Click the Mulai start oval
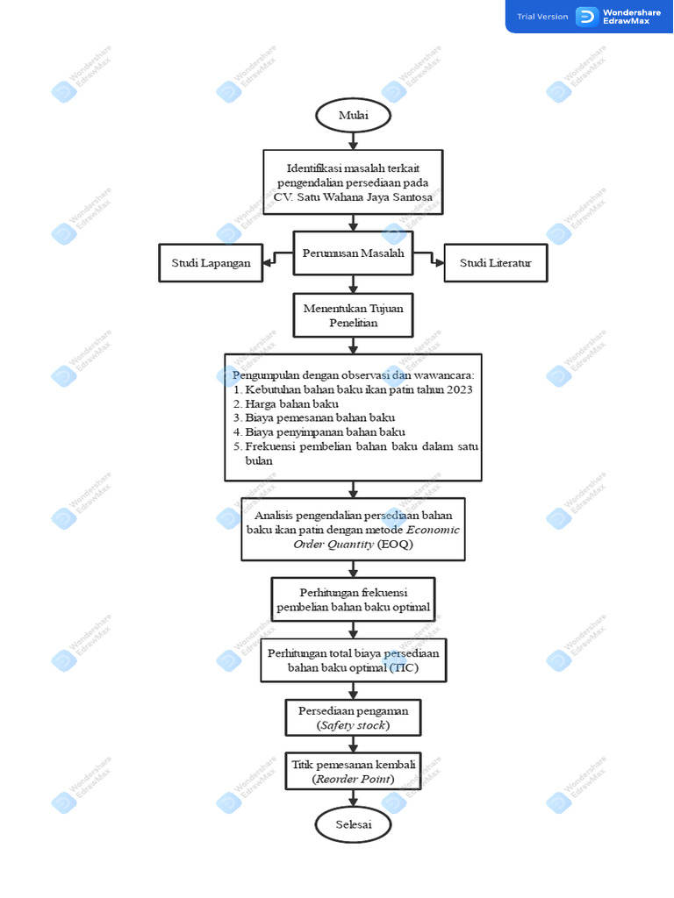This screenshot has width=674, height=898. coord(353,116)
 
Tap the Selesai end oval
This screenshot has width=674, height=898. coord(353,824)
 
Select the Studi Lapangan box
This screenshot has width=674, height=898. coord(211,263)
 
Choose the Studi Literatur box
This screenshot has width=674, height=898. coord(496,263)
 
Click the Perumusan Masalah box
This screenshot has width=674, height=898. coord(353,254)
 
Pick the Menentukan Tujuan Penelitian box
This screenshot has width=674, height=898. coord(353,316)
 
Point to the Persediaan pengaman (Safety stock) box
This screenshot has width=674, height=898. coord(353,717)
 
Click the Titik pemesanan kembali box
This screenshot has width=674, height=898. coord(353,771)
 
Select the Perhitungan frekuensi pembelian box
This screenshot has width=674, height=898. coord(353,599)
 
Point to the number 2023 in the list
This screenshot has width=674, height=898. coord(457,389)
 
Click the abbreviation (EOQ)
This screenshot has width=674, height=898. coord(394,545)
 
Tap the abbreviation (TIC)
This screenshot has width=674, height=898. coord(404,668)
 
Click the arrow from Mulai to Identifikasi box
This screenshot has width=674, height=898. coord(353,140)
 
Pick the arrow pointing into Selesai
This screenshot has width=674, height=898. coord(353,798)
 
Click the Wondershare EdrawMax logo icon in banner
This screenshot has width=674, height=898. coord(586,17)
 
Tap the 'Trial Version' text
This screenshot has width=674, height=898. coord(542,17)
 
